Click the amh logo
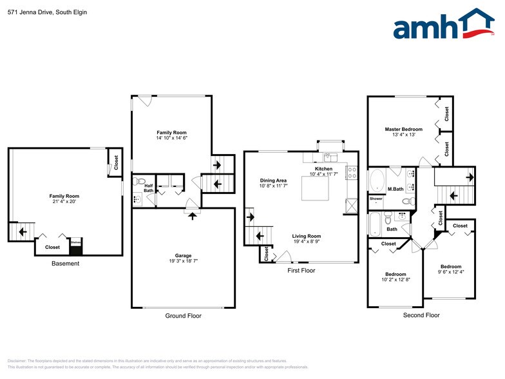(x=444, y=25)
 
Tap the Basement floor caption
(x=66, y=263)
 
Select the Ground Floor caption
(x=184, y=316)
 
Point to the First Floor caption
(x=301, y=271)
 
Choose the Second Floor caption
(x=421, y=315)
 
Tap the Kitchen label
(x=323, y=168)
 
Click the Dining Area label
(x=273, y=180)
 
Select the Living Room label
(x=307, y=236)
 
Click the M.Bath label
(x=395, y=189)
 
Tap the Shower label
(x=376, y=199)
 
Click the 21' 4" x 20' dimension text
(x=64, y=201)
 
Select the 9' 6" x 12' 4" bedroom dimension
(x=450, y=272)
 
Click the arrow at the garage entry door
(x=191, y=215)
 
